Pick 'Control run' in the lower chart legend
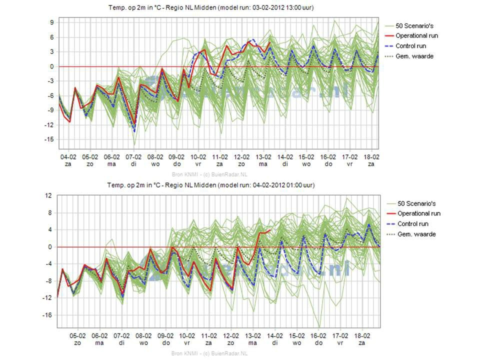click(412, 224)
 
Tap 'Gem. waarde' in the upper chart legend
click(414, 56)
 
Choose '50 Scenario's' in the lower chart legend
click(416, 203)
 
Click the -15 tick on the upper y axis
click(50, 139)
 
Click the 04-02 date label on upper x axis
click(68, 156)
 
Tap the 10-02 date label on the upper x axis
click(198, 156)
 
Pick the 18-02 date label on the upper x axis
click(370, 156)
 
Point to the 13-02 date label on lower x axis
click(252, 336)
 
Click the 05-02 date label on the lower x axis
click(78, 336)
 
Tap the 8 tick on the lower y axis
click(50, 213)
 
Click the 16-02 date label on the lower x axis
click(318, 336)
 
